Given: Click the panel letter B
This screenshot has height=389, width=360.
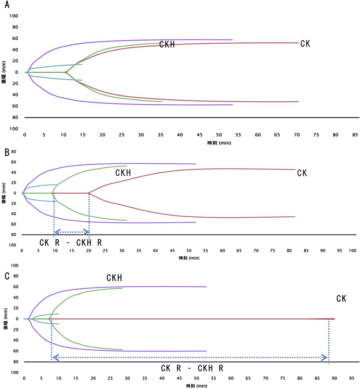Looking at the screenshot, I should point(7,153).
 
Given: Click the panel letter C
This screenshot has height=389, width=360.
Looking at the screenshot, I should point(7,276).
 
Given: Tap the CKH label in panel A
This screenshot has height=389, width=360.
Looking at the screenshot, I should point(167,45).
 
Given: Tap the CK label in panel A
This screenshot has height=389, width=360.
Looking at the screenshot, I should point(305,43).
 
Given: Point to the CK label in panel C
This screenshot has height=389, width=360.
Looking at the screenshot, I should point(341,298).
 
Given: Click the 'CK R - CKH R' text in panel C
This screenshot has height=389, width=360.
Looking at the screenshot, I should point(192,368).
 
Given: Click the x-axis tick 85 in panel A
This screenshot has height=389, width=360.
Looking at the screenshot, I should point(355,135).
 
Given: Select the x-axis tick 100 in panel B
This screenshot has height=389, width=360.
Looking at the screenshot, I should point(352,251).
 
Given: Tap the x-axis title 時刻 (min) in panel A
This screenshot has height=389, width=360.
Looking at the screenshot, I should point(219,143).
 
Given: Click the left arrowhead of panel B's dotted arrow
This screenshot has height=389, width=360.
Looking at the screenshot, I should point(56,232).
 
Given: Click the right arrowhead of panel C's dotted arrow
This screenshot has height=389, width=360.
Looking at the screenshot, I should point(326,357).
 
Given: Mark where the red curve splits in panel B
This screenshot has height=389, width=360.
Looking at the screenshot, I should point(89,193).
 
